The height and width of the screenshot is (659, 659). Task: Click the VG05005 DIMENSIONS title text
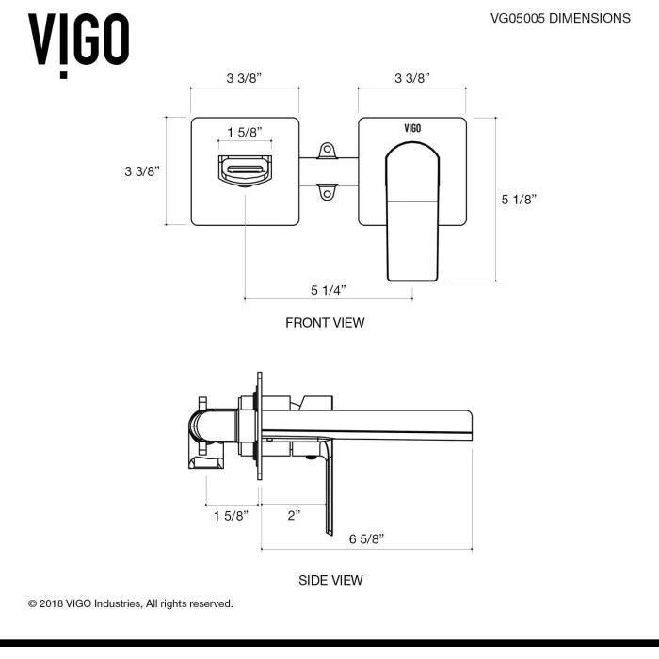tap(559, 18)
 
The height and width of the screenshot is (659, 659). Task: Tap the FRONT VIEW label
tap(325, 323)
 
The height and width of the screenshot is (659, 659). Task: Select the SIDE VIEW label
tap(330, 580)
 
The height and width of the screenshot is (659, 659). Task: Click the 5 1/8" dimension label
tap(519, 199)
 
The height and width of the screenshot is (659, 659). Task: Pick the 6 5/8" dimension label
tap(366, 538)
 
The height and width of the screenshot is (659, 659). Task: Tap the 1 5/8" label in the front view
tap(245, 132)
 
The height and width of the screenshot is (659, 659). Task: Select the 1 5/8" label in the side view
tap(231, 515)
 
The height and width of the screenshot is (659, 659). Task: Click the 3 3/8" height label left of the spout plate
tap(142, 170)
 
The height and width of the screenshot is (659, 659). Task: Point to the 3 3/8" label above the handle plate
tap(412, 79)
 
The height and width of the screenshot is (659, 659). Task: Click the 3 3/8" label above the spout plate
tap(244, 79)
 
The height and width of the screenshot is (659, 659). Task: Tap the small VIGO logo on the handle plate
tap(412, 126)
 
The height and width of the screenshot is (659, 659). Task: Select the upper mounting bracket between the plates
tap(328, 151)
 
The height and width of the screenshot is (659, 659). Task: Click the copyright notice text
tap(130, 603)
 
